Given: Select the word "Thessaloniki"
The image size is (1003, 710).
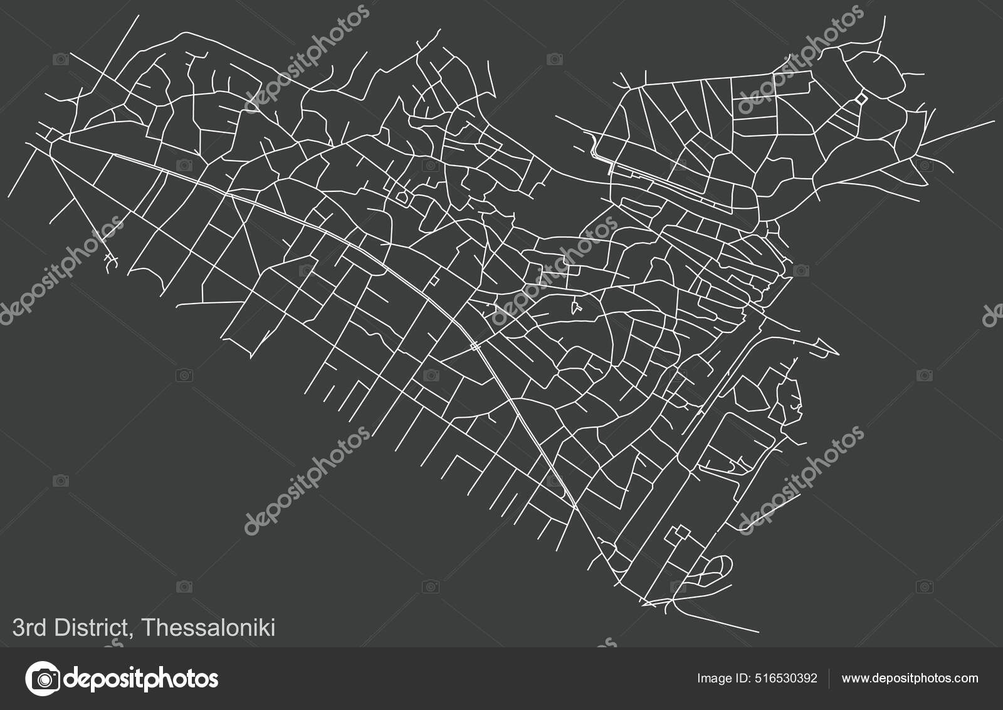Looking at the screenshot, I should [x=209, y=628].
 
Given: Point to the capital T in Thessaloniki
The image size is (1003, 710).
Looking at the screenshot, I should [x=150, y=628].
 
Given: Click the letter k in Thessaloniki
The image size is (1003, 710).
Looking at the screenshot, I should [x=263, y=628].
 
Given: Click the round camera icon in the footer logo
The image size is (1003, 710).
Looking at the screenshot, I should [x=43, y=678].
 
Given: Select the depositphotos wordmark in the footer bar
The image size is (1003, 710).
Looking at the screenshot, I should [x=142, y=679].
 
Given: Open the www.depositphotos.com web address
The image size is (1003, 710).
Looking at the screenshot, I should [x=910, y=678].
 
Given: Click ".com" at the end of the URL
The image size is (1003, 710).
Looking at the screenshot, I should [x=965, y=678].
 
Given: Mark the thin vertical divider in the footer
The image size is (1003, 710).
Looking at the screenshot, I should [x=830, y=678].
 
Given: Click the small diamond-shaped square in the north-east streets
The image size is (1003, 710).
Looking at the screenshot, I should [x=861, y=98].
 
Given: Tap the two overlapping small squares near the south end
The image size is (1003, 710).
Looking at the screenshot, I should [x=678, y=535].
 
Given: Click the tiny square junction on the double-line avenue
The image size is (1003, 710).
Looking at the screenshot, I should [x=475, y=346].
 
